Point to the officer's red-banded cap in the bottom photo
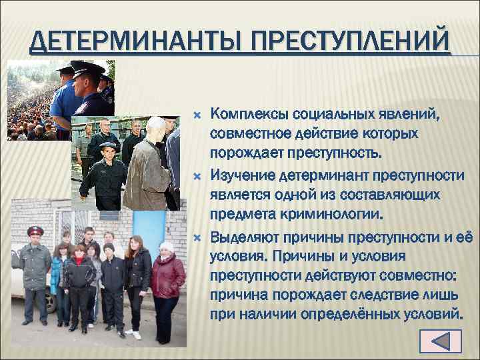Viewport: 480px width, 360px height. point(35,231)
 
